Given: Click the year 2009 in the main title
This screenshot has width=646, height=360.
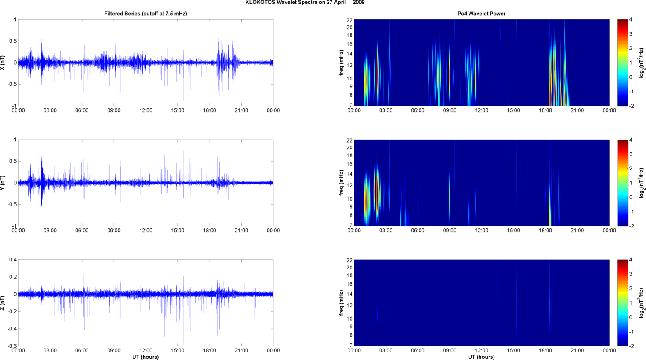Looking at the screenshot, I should (x=359, y=3).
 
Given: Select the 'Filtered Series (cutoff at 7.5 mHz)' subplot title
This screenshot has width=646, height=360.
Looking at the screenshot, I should (x=146, y=14).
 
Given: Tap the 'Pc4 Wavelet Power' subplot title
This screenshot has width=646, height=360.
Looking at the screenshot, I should (x=481, y=14).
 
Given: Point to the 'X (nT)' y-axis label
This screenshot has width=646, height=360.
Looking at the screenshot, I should (x=3, y=63).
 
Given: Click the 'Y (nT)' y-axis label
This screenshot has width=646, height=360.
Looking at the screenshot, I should (x=3, y=183).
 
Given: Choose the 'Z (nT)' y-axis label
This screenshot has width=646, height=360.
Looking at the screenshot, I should (x=3, y=303).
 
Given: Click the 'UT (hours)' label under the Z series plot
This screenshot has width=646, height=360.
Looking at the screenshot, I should (x=146, y=357).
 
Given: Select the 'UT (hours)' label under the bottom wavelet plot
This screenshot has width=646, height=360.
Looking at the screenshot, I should (x=481, y=357).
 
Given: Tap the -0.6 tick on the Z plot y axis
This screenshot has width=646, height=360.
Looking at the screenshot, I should (x=11, y=346).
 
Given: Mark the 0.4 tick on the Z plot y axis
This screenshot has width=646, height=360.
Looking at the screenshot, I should (x=13, y=260).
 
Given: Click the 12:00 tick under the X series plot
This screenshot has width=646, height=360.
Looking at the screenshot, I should (x=146, y=110).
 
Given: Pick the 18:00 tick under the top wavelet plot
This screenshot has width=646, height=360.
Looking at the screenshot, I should (x=545, y=110).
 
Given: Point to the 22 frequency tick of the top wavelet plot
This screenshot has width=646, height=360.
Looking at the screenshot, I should (x=349, y=20).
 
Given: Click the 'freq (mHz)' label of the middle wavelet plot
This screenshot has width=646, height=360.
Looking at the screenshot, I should (x=341, y=183).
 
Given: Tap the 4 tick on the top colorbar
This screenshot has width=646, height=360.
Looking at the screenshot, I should (x=631, y=20).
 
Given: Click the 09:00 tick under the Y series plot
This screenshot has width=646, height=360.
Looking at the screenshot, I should (x=114, y=231).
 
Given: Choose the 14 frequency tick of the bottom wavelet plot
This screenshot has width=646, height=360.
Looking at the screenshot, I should (x=349, y=294).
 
